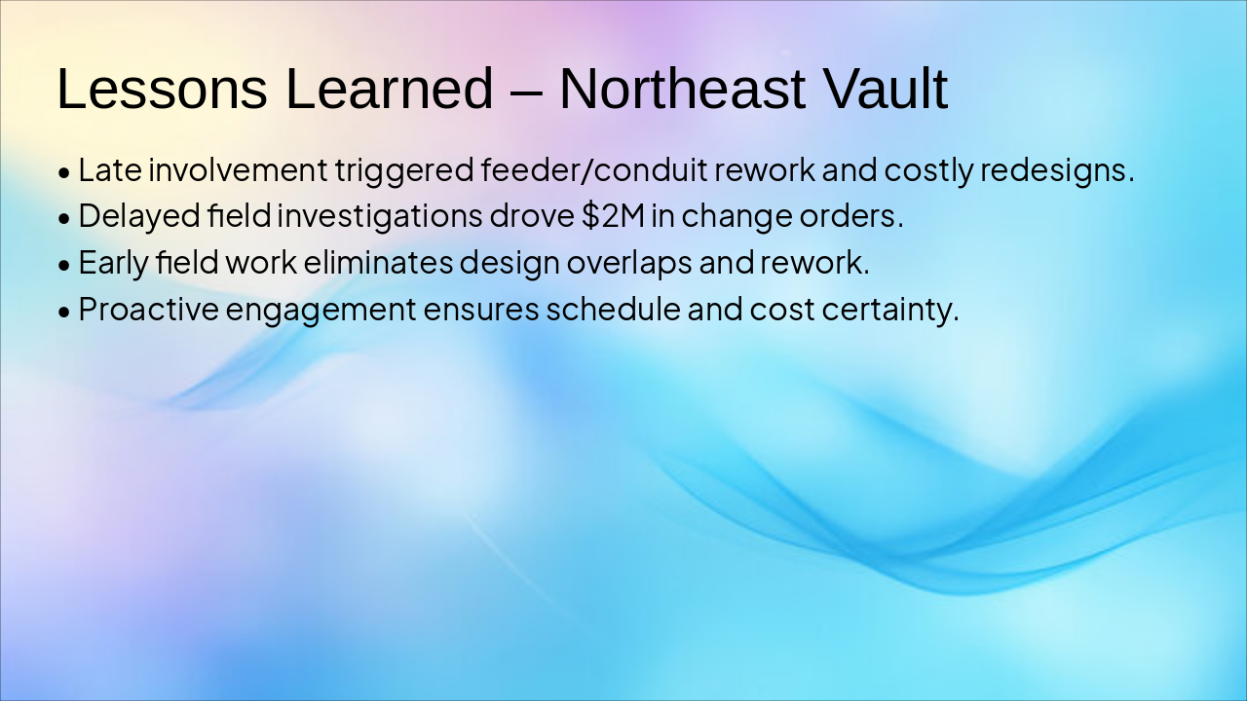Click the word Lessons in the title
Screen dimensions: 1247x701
pyautogui.click(x=162, y=89)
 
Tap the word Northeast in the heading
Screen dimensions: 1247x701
pyautogui.click(x=682, y=89)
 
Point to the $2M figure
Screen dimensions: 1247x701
pyautogui.click(x=613, y=216)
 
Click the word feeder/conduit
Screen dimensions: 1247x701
pyautogui.click(x=594, y=169)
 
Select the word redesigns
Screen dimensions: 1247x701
pyautogui.click(x=1057, y=169)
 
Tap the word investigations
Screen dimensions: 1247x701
pyautogui.click(x=380, y=216)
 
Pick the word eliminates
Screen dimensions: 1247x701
pyautogui.click(x=378, y=262)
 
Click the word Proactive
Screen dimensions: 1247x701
pyautogui.click(x=149, y=309)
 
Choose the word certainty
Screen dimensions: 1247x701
pyautogui.click(x=890, y=310)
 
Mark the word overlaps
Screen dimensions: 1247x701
pyautogui.click(x=629, y=263)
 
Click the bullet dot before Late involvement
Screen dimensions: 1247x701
pyautogui.click(x=64, y=173)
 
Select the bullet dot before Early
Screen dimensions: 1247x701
pyautogui.click(x=64, y=266)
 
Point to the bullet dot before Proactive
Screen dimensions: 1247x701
pyautogui.click(x=64, y=313)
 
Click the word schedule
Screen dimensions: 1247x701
pyautogui.click(x=613, y=309)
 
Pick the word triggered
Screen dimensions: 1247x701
pyautogui.click(x=404, y=170)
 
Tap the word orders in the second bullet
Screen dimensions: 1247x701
pyautogui.click(x=851, y=216)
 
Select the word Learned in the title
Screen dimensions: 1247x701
pyautogui.click(x=389, y=89)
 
